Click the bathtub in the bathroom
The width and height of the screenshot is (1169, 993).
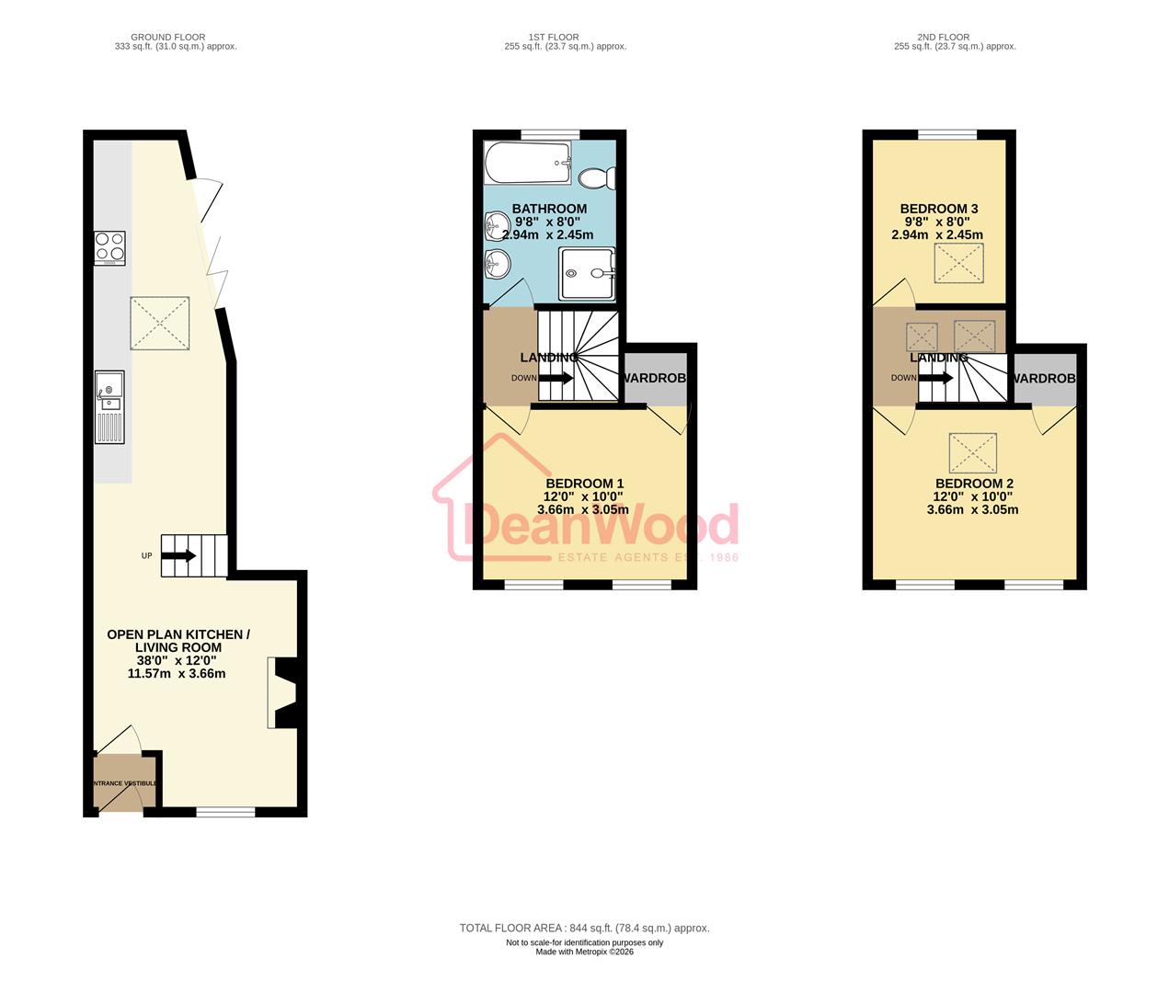click(528, 163)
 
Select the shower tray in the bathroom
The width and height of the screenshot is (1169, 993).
click(586, 272)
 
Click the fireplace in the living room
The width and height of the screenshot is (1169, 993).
click(281, 692)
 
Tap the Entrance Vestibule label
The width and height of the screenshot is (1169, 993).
click(125, 783)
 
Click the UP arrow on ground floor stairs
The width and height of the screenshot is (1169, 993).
click(178, 555)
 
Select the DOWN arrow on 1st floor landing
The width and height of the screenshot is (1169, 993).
click(556, 378)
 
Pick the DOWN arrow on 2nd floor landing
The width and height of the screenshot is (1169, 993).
click(936, 378)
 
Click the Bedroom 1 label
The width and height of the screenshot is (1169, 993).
click(584, 484)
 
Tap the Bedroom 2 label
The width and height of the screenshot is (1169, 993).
click(974, 484)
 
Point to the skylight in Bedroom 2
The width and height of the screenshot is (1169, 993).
click(974, 452)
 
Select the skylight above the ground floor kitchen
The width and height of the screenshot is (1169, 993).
click(159, 323)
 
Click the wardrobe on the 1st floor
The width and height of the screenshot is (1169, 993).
click(656, 378)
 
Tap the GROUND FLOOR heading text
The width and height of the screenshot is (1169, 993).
click(167, 38)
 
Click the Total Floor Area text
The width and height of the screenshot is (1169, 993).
click(584, 929)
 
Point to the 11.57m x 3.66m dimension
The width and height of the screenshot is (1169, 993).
click(177, 673)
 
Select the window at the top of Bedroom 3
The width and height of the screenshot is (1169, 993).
click(947, 135)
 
